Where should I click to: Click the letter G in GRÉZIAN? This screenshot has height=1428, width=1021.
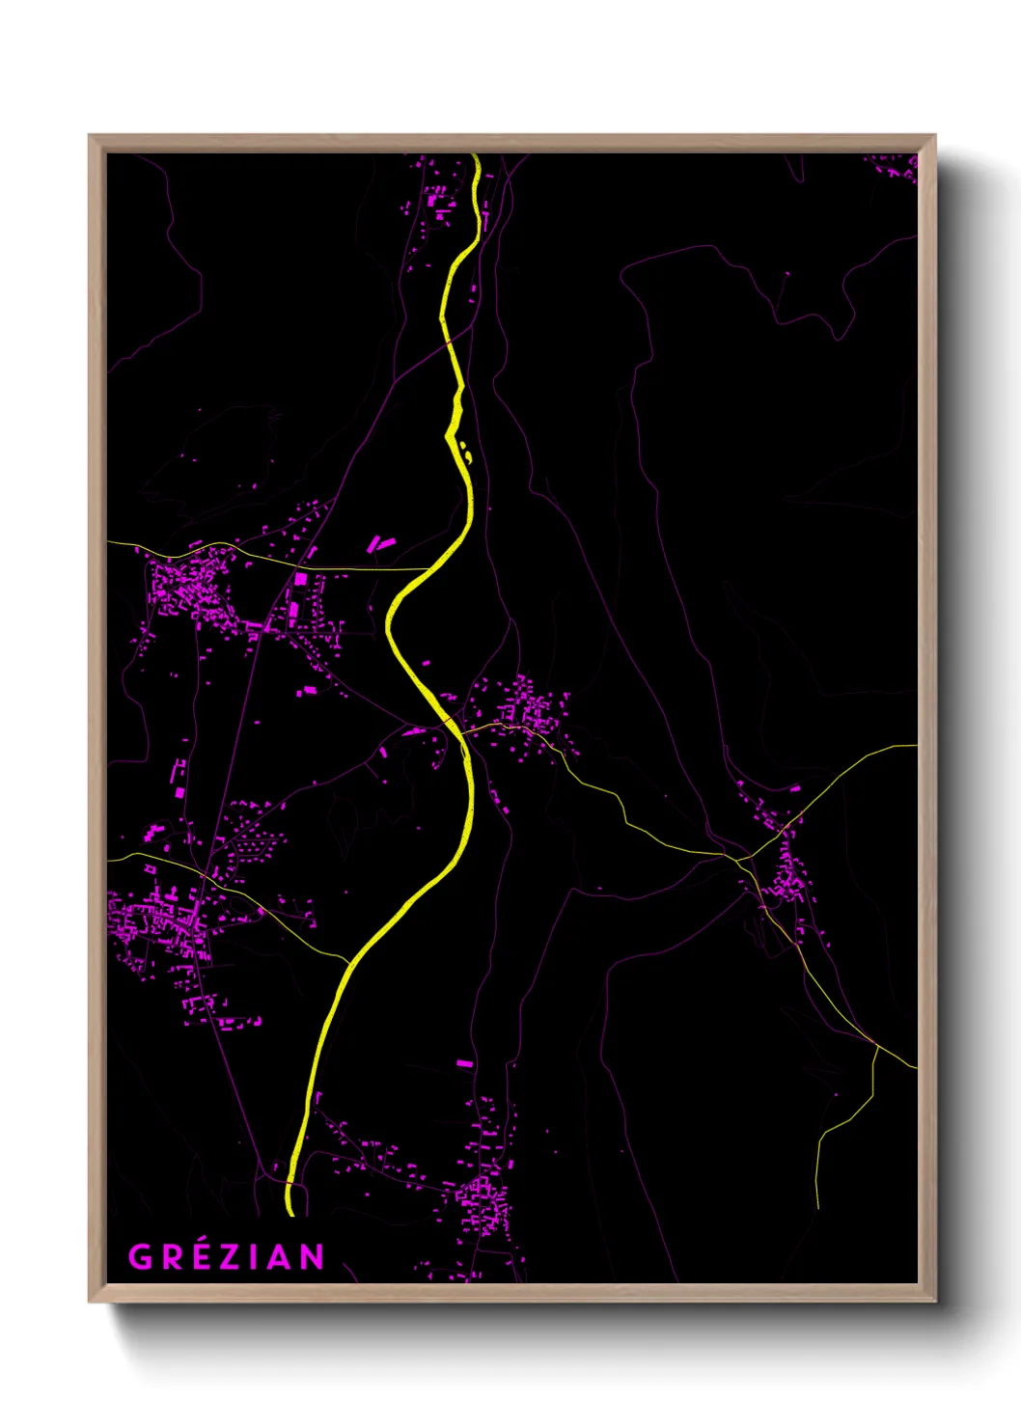[140, 1257]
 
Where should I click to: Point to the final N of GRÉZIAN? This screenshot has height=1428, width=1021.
[312, 1257]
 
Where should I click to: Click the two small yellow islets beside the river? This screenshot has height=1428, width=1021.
[466, 451]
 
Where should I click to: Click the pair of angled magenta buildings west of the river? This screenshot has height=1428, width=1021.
[379, 544]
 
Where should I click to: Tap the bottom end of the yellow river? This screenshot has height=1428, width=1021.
[290, 1211]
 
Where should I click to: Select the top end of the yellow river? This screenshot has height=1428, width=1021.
[477, 157]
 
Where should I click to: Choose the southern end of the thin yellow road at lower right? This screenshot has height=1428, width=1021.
[817, 1206]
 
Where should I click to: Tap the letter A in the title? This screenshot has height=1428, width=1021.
[278, 1257]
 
